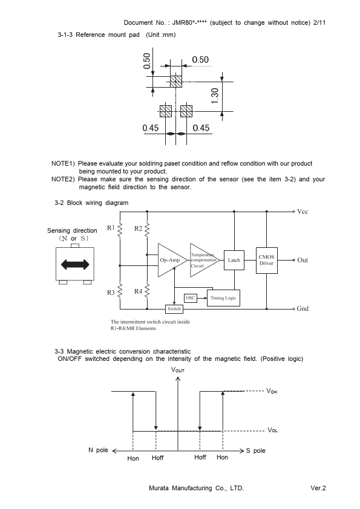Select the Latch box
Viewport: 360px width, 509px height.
tap(234, 260)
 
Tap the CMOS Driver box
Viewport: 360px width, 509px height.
tap(266, 260)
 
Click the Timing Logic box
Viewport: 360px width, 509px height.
tap(223, 297)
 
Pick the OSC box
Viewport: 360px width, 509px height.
tap(191, 298)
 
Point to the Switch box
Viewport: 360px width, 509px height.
tap(174, 309)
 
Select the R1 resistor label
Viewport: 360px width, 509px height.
tap(111, 228)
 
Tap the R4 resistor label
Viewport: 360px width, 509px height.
tap(139, 291)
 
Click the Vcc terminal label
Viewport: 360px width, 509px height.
tap(303, 212)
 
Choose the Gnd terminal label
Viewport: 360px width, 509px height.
tap(303, 308)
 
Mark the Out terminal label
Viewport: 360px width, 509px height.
tap(303, 260)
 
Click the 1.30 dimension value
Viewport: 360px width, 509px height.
tap(215, 96)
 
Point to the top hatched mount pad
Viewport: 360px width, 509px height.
tap(176, 82)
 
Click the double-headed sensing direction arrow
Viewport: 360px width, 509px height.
tap(75, 264)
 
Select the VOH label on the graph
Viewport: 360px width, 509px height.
tap(272, 391)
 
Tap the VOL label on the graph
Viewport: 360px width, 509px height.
tap(272, 430)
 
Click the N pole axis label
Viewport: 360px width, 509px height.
tap(98, 450)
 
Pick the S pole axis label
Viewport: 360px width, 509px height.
tap(256, 450)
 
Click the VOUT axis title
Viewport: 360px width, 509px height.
tap(178, 370)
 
